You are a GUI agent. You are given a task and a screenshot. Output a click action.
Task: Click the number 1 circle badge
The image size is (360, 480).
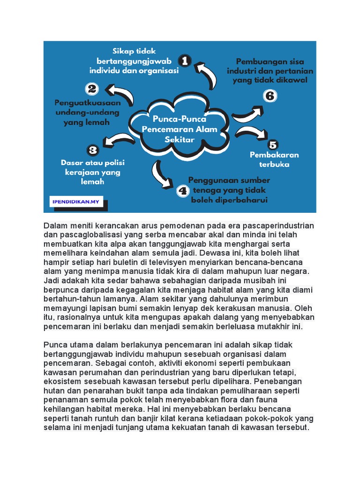tap(185, 61)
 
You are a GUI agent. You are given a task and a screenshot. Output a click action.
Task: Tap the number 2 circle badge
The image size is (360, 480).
tap(92, 89)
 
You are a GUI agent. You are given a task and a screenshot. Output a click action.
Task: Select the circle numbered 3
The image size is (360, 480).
tap(93, 150)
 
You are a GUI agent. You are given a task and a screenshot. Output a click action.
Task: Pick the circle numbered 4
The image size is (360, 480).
tap(182, 191)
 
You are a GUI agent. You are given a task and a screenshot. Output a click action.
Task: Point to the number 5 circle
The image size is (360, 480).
tap(273, 144)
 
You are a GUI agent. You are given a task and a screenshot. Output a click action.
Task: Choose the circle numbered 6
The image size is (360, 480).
tap(270, 96)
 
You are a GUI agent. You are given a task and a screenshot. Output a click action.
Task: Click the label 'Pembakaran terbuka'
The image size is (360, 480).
tap(274, 159)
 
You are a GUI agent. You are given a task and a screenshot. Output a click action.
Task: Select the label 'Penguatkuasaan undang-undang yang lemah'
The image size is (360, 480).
tap(88, 112)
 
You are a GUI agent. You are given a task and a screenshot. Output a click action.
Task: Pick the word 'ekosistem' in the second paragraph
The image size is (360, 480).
tap(63, 382)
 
